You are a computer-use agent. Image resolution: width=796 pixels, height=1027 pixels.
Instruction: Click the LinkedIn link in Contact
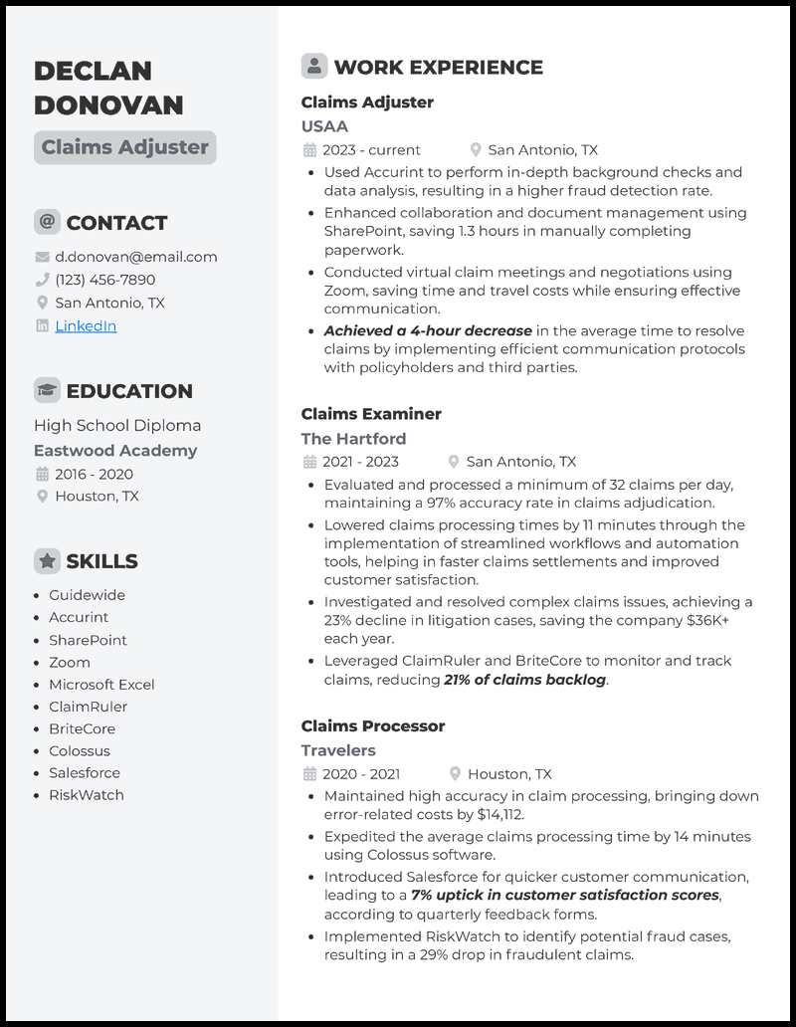pos(86,325)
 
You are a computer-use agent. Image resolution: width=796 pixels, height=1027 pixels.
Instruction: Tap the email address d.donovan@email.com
pos(135,257)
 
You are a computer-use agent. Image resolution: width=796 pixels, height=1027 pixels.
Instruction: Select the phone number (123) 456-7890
pos(104,280)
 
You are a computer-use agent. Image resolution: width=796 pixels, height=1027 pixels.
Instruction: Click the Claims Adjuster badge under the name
pos(124,147)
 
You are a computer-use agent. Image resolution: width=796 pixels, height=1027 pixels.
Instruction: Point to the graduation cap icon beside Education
pos(47,391)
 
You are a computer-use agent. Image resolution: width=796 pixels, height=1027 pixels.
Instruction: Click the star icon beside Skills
pos(47,561)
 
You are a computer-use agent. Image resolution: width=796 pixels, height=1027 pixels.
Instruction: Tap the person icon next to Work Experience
pos(314,67)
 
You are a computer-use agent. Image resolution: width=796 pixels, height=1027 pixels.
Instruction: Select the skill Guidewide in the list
pos(87,595)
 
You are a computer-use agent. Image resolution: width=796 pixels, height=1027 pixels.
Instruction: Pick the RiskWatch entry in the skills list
pos(87,795)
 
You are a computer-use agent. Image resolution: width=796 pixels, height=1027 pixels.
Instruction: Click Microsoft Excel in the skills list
pos(101,685)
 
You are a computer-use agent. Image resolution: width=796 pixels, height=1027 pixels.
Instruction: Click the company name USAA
pos(324,126)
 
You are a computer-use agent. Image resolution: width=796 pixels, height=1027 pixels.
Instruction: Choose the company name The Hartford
pos(353,438)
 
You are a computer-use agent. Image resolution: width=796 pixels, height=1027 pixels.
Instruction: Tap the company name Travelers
pos(338,750)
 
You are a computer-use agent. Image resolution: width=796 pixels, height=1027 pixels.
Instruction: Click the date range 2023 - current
pos(371,150)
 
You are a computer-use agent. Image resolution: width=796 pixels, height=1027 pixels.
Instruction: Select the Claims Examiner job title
pos(371,414)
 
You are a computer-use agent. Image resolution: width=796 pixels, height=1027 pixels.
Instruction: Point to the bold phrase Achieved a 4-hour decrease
pos(428,331)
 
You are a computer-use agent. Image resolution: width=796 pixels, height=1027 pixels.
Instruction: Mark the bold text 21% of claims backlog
pos(524,680)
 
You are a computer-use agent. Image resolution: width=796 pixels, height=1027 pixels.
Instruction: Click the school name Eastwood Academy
pos(115,451)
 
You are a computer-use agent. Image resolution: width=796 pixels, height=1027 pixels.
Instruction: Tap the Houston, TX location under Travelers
pos(509,774)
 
